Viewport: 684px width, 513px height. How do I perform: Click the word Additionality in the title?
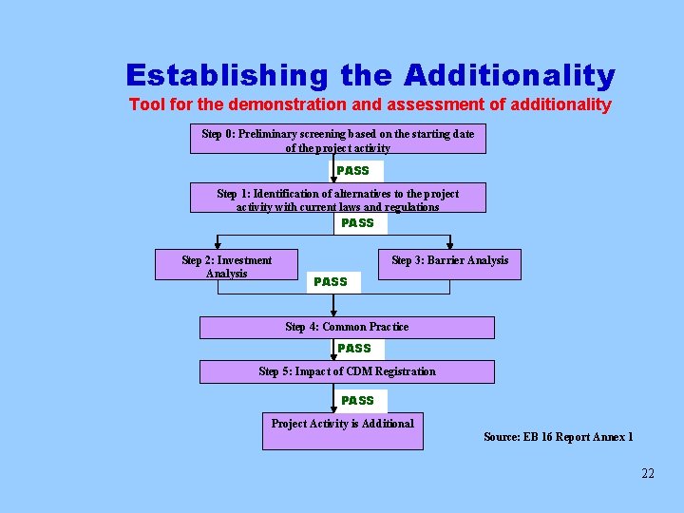pos(509,75)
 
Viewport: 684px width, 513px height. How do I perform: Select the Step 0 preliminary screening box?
pos(337,140)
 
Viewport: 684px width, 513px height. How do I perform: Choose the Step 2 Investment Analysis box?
pos(226,265)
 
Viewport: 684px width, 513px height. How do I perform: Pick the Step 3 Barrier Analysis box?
pos(449,265)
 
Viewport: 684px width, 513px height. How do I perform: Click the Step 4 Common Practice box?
pos(347,327)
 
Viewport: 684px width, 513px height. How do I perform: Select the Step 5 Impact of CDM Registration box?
pos(347,371)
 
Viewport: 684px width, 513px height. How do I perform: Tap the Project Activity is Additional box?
pos(342,430)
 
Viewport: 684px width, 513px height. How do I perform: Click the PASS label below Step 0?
pos(353,171)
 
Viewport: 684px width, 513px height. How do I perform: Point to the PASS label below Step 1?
pos(358,223)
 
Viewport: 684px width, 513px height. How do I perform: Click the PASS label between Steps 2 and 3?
pos(331,282)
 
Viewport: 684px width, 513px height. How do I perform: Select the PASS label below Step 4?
pos(354,349)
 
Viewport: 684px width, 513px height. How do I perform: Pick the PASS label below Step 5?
pos(358,401)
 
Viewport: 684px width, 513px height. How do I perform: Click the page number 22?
pos(647,473)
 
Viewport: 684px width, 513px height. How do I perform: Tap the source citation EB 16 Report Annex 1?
pos(558,437)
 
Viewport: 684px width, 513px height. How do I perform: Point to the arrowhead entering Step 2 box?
pos(218,245)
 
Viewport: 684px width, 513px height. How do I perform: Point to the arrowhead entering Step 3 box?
pos(449,245)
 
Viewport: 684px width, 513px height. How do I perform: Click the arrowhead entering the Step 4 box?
pos(333,313)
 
